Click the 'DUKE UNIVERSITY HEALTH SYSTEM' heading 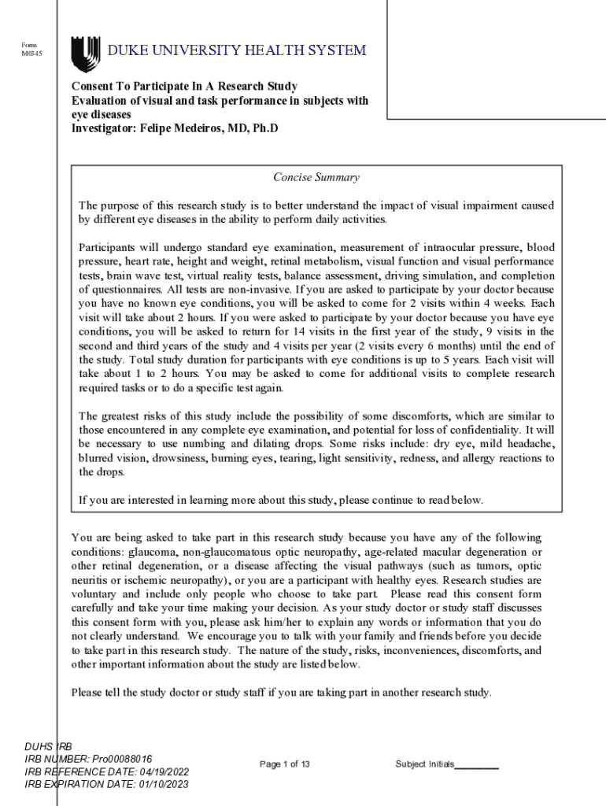tap(237, 51)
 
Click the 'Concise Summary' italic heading tap(316, 178)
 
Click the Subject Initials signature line tap(476, 766)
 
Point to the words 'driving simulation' tap(435, 276)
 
